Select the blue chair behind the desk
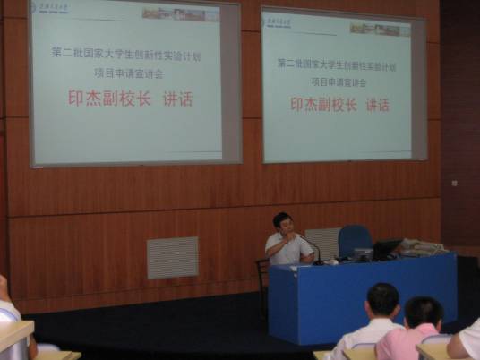coord(354,239)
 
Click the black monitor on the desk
coord(386,248)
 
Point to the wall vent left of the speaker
coord(172,257)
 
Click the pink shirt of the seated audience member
coord(406,345)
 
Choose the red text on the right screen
coord(339,105)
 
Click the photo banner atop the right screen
coord(380,29)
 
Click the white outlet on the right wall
coord(454,183)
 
